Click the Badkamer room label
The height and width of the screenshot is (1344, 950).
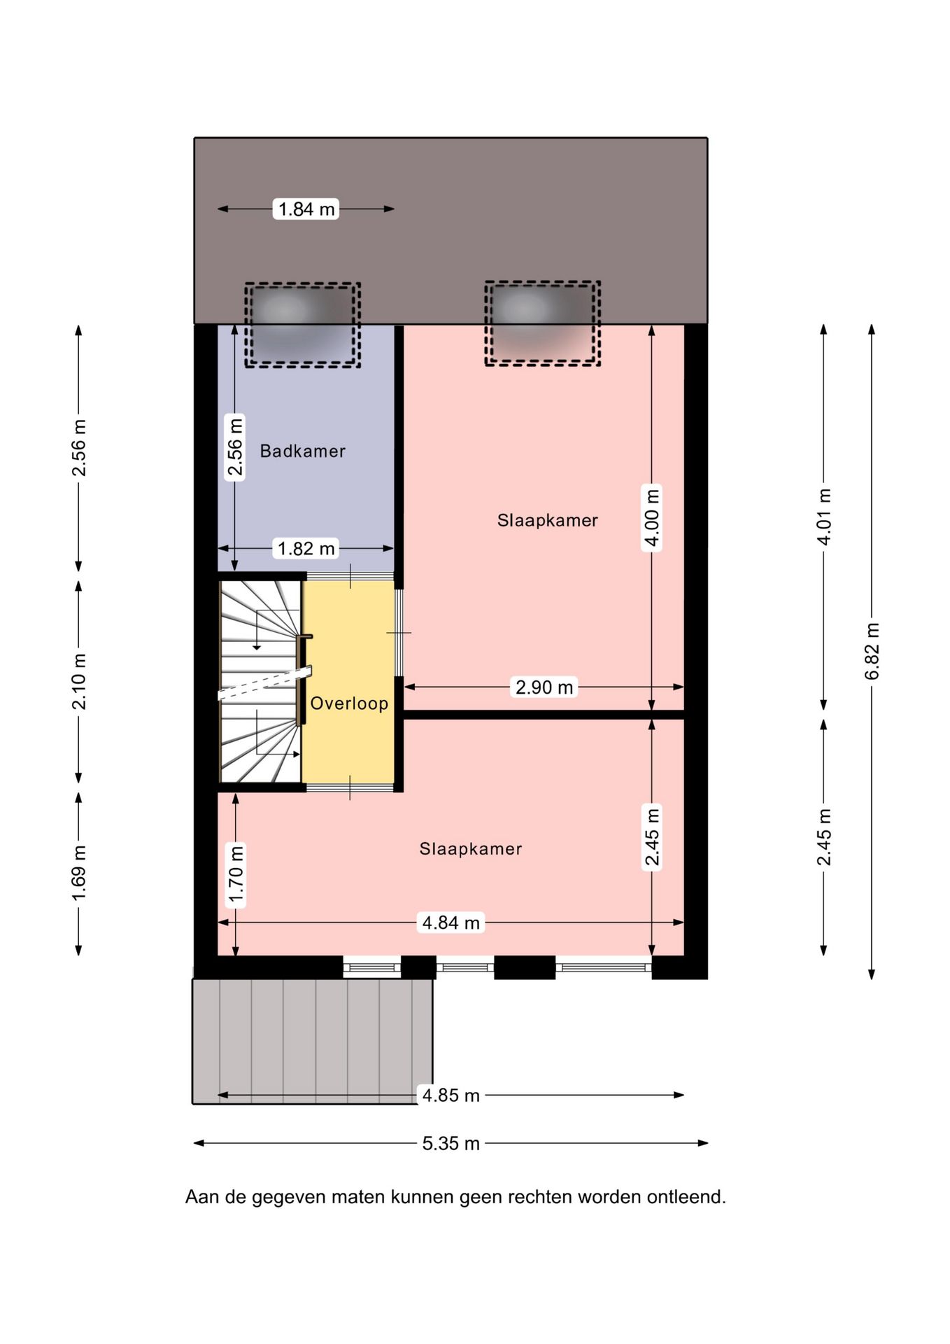pyautogui.click(x=302, y=451)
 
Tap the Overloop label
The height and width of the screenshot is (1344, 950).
pyautogui.click(x=349, y=703)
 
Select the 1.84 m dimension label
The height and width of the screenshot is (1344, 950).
pyautogui.click(x=306, y=209)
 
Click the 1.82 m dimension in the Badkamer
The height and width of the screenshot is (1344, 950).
pyautogui.click(x=306, y=548)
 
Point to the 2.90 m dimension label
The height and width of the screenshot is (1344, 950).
pyautogui.click(x=544, y=687)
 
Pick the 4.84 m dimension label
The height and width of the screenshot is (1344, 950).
pyautogui.click(x=451, y=923)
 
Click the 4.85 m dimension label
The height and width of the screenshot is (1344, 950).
pyautogui.click(x=451, y=1095)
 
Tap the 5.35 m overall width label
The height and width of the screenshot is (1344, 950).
pyautogui.click(x=451, y=1143)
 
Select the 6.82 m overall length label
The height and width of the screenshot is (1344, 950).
pyautogui.click(x=872, y=651)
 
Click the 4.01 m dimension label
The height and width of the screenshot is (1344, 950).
pyautogui.click(x=824, y=517)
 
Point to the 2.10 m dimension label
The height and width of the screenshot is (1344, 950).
pyautogui.click(x=79, y=681)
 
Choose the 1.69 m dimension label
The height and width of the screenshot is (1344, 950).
pyautogui.click(x=79, y=874)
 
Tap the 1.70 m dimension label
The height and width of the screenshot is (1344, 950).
pyautogui.click(x=236, y=874)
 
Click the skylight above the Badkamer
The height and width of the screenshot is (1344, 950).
pyautogui.click(x=302, y=325)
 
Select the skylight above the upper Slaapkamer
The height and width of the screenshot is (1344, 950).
pyautogui.click(x=543, y=323)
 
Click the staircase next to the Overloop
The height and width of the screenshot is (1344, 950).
pyautogui.click(x=260, y=682)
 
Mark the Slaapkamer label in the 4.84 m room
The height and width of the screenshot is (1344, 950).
pyautogui.click(x=471, y=849)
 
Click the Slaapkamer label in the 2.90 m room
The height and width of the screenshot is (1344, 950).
pyautogui.click(x=548, y=520)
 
